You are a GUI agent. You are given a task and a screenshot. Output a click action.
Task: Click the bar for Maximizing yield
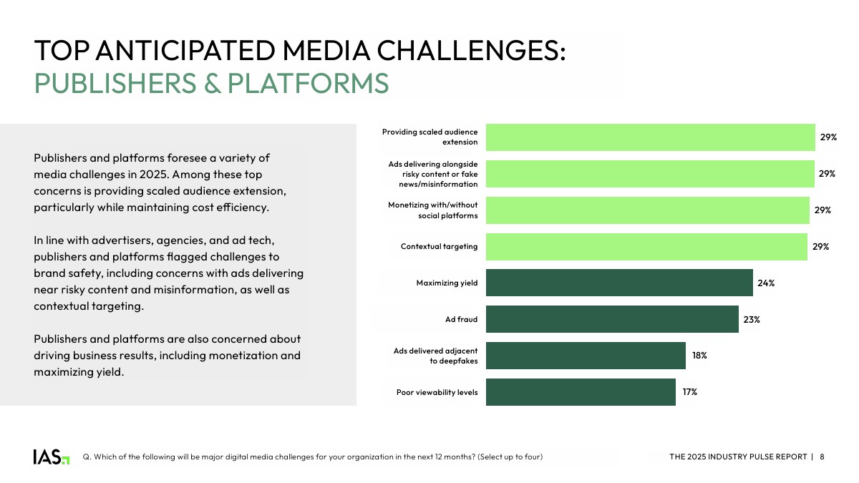tap(619, 283)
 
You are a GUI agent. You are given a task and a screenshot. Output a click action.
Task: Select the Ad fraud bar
tap(612, 319)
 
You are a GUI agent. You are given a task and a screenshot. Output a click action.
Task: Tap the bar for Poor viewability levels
tap(581, 392)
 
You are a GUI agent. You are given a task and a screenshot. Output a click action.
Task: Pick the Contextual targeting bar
tap(646, 246)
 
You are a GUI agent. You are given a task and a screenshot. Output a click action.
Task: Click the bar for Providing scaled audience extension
tap(650, 137)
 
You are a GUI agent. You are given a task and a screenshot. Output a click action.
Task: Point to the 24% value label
tap(766, 283)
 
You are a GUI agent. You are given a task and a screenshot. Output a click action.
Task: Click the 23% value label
tap(752, 319)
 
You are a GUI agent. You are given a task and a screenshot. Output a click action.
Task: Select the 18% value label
tap(699, 356)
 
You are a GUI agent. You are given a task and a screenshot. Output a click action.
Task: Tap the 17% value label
tap(689, 392)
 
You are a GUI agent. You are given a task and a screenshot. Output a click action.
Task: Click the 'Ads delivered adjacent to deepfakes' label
tap(435, 356)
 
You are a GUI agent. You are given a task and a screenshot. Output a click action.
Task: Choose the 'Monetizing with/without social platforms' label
tap(432, 210)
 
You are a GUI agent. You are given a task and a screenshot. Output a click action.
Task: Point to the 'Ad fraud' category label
tap(461, 319)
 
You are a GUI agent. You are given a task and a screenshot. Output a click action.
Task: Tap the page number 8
tap(822, 457)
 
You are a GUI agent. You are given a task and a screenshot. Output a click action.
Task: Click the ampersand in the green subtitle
tap(213, 84)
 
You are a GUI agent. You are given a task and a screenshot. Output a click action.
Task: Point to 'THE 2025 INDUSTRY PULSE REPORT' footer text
tap(738, 457)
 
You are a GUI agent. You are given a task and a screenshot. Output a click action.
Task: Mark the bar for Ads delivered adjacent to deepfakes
tap(586, 356)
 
